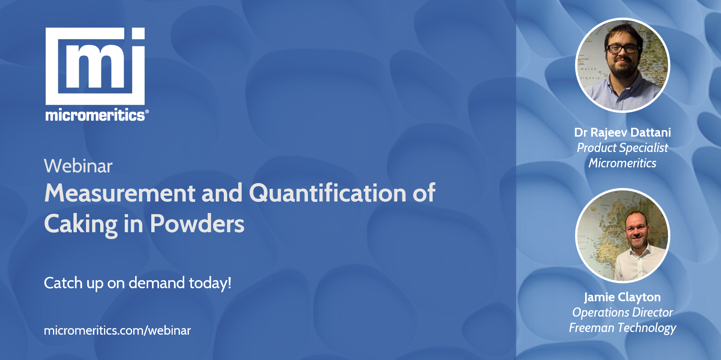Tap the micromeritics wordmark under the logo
pos(95,115)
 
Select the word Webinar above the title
pos(78,166)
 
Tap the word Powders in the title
pos(197,224)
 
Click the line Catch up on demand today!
pos(138,283)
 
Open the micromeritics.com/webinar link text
pos(117,330)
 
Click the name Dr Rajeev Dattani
pos(622,132)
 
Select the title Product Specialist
pos(622,148)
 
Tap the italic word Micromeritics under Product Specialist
pos(622,163)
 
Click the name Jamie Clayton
pos(622,297)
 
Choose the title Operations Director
pos(622,312)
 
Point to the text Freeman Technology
pos(622,328)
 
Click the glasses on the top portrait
pos(622,49)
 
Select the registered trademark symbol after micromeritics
pos(147,111)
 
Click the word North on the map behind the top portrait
pos(589,69)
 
